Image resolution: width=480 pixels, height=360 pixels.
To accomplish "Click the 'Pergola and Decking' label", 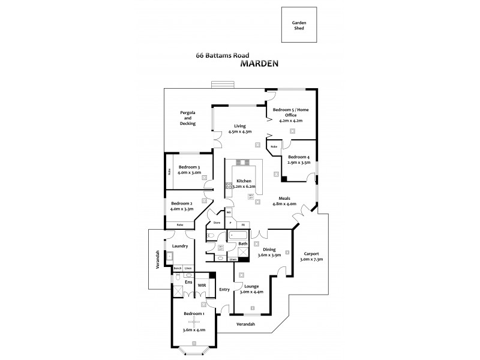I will point(188,118).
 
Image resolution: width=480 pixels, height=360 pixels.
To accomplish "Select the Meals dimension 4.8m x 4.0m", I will point(283,204).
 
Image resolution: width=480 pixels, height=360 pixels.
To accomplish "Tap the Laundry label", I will point(180,246).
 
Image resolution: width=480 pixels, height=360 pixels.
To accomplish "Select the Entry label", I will point(224,289).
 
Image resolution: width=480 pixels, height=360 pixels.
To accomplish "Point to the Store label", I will point(217,223).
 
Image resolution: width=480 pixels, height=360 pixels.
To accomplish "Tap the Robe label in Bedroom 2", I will point(180,224).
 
